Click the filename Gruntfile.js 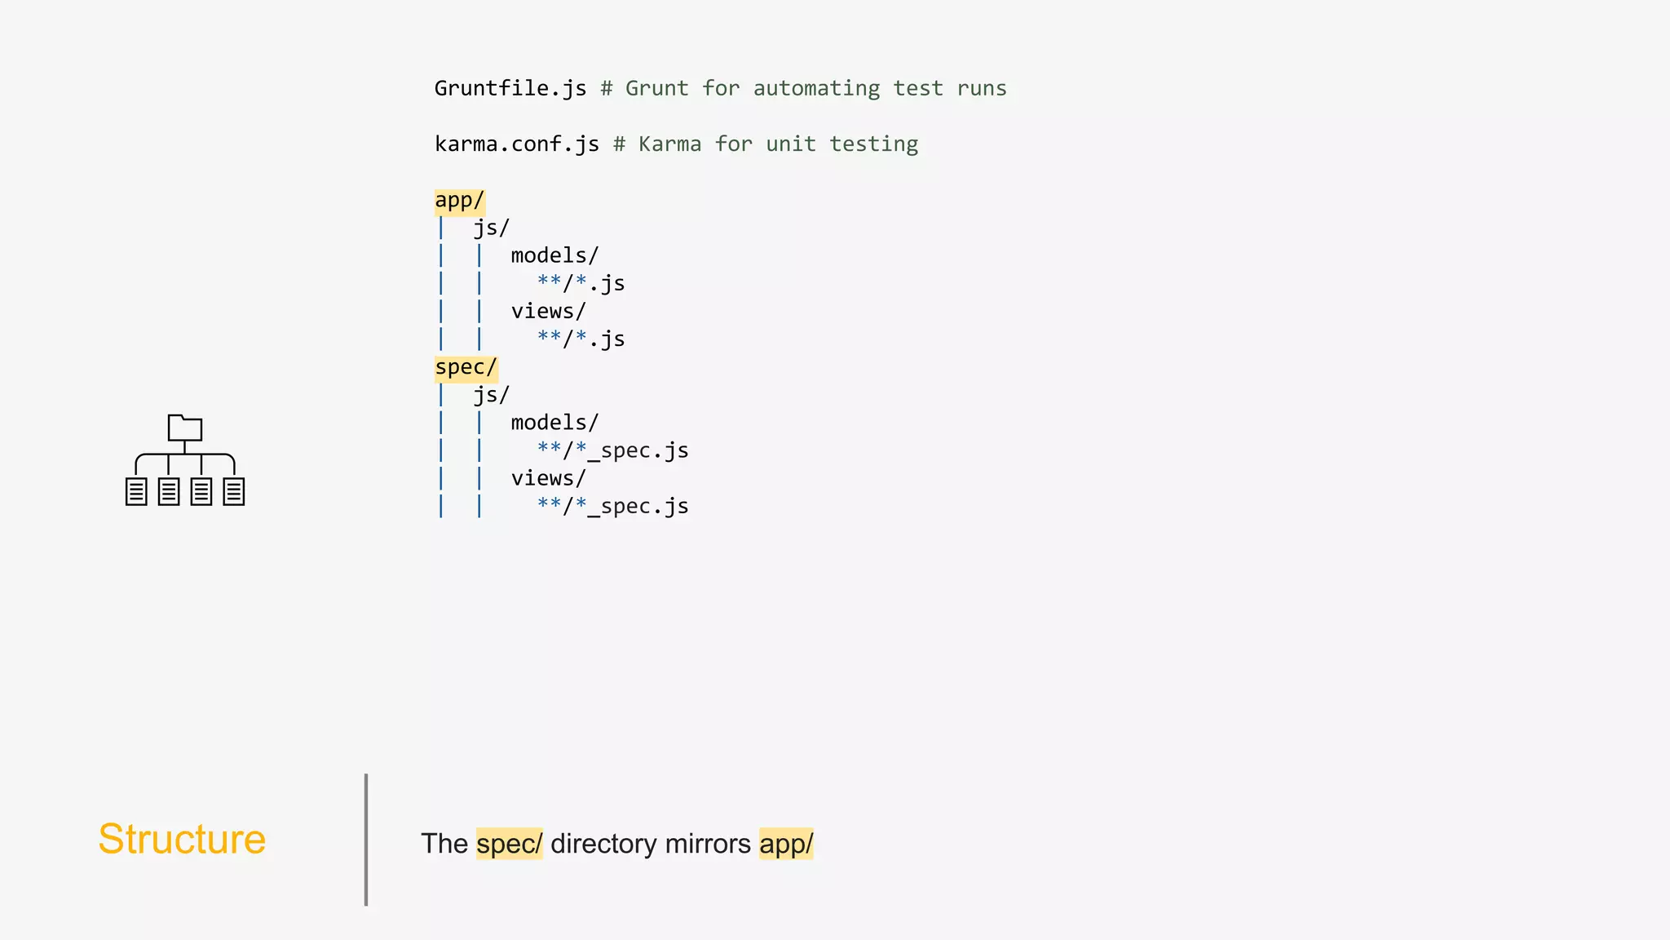pos(510,88)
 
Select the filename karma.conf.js pos(516,144)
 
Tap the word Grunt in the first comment pos(656,88)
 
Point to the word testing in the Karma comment pos(873,144)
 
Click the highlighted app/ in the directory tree pos(459,201)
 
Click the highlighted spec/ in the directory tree pos(466,368)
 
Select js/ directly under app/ pos(491,228)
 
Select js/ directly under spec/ pos(491,396)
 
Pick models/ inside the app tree pos(554,256)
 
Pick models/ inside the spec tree pos(554,423)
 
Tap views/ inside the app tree pos(548,312)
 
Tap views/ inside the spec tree pos(548,479)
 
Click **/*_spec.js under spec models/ pos(612,451)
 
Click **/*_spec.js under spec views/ pos(612,507)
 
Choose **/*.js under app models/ pos(581,284)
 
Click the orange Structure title pos(182,840)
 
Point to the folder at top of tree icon pos(185,428)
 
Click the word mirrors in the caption pos(707,844)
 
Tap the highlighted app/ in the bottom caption pos(785,844)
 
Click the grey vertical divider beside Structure pos(366,840)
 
